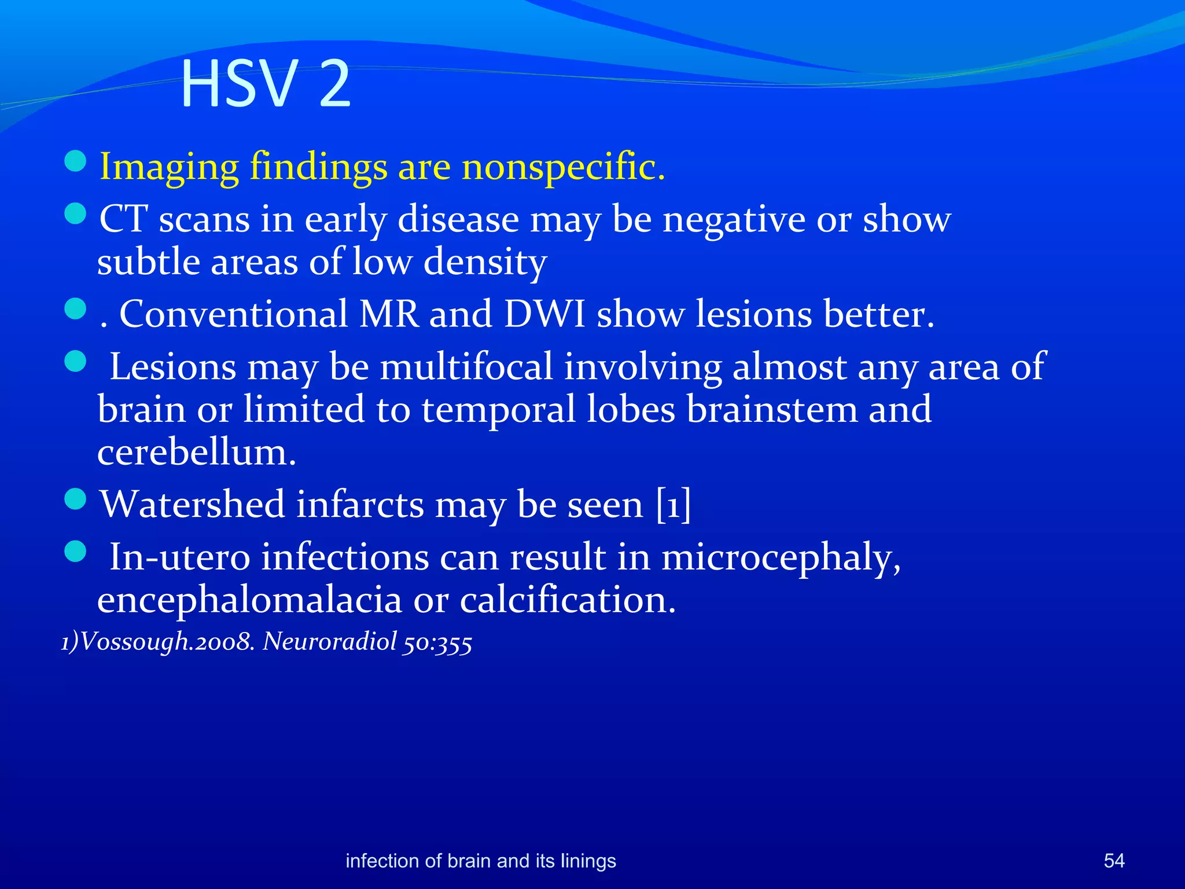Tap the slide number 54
pos(1114,861)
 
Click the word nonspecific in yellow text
pos(564,167)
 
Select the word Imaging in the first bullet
pos(169,168)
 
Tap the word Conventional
pos(233,314)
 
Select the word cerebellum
pos(197,452)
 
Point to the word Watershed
pos(193,504)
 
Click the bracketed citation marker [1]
pos(674,504)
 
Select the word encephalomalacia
pos(249,600)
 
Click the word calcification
pos(568,600)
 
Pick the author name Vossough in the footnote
pos(133,642)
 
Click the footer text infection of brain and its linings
pos(480,861)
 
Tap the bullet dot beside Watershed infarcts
pos(75,498)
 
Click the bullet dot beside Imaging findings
pos(75,161)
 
